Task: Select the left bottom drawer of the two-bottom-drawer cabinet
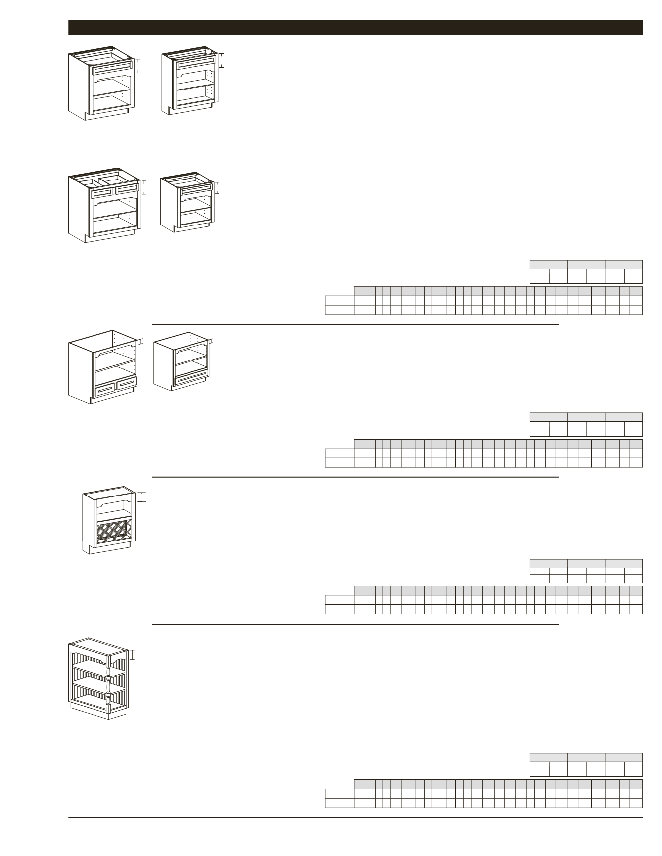(105, 390)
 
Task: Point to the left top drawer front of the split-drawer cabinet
(103, 192)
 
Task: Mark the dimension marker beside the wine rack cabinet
(142, 497)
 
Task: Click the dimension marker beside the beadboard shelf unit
(133, 654)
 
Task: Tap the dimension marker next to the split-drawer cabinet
(144, 188)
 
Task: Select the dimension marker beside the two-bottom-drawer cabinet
(142, 341)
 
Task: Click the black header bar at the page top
(355, 27)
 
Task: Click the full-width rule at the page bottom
(355, 818)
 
